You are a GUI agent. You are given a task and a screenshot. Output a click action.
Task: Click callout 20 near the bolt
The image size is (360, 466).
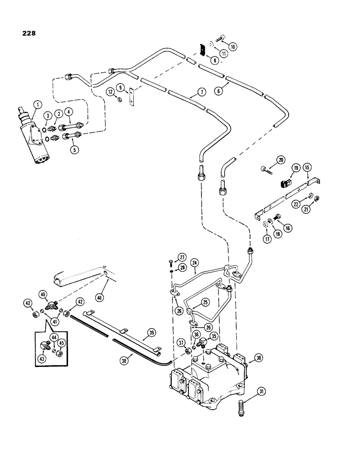(x=280, y=159)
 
